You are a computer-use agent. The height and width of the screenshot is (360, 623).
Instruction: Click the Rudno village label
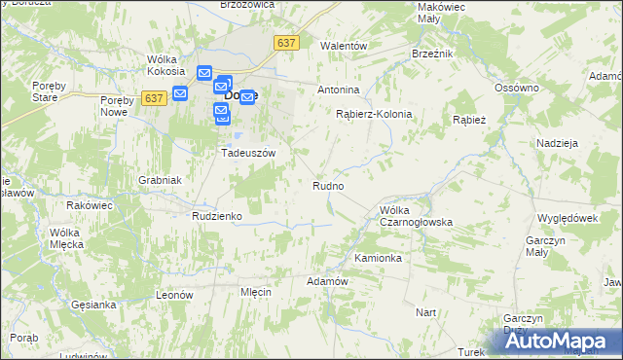coord(328,185)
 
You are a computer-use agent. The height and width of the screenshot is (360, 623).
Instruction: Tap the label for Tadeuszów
coord(249,153)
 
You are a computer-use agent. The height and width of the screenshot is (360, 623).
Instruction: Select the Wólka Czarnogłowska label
coord(417,216)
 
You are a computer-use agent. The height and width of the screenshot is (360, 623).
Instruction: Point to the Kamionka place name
coord(378,259)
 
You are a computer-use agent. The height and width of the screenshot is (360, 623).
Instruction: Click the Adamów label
coord(327,281)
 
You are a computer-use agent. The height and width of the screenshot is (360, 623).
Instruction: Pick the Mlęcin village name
coord(254,292)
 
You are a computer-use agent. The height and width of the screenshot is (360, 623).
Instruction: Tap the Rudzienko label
coord(216,216)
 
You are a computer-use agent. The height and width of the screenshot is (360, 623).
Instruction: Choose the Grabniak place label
coord(161,180)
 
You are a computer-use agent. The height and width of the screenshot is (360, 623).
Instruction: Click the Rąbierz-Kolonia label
coord(374,114)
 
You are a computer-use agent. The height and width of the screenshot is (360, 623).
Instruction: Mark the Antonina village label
coord(339,90)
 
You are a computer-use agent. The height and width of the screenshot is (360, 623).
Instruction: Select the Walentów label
coord(344,46)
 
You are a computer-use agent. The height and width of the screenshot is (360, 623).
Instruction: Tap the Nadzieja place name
coord(558,143)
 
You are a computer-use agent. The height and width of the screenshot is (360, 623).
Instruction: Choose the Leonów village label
coord(175,294)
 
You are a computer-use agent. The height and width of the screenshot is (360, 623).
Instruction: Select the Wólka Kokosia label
coord(166,64)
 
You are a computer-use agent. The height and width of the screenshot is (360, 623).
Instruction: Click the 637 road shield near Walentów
coord(286,43)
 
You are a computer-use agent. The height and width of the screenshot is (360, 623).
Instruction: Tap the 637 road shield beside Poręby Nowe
coord(153,97)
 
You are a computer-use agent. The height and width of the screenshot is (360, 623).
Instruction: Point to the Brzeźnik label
coord(433,54)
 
